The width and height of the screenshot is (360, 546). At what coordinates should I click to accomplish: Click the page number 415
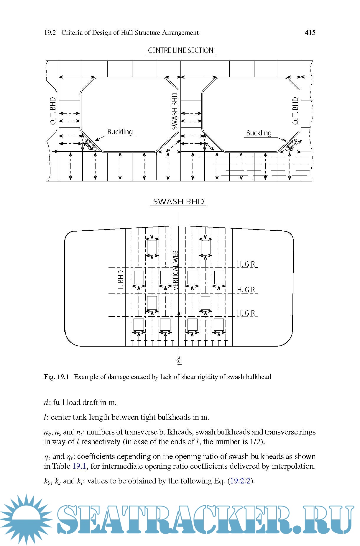(x=310, y=32)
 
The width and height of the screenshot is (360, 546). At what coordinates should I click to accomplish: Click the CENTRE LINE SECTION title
(x=180, y=50)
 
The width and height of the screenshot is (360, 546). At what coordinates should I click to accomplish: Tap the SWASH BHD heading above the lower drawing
(x=178, y=201)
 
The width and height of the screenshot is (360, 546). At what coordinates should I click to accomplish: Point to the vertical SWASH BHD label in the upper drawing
(x=175, y=111)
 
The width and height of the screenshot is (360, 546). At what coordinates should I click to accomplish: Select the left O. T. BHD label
(x=53, y=111)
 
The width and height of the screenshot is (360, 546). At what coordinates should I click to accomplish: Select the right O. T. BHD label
(x=295, y=111)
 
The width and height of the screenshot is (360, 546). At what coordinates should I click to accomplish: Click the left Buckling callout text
(x=120, y=132)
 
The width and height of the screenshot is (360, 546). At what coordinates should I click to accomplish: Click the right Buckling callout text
(x=259, y=133)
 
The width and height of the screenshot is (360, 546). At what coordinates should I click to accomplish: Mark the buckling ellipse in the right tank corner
(x=292, y=145)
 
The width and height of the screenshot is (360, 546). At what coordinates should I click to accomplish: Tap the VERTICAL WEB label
(x=176, y=270)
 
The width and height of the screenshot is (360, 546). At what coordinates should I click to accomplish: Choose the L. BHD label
(x=121, y=280)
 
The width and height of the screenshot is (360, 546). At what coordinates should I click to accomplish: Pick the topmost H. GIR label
(x=246, y=264)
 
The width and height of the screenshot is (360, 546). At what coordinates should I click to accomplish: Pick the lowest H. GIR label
(x=246, y=313)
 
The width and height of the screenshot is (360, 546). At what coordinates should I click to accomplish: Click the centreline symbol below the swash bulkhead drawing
(x=179, y=360)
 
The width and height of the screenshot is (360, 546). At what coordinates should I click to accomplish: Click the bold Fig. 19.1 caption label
(x=56, y=377)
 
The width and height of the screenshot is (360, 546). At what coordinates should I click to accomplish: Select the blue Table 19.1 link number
(x=79, y=466)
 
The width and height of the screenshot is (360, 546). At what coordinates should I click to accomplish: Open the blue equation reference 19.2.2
(x=240, y=481)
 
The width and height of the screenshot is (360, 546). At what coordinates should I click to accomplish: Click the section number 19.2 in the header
(x=50, y=32)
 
